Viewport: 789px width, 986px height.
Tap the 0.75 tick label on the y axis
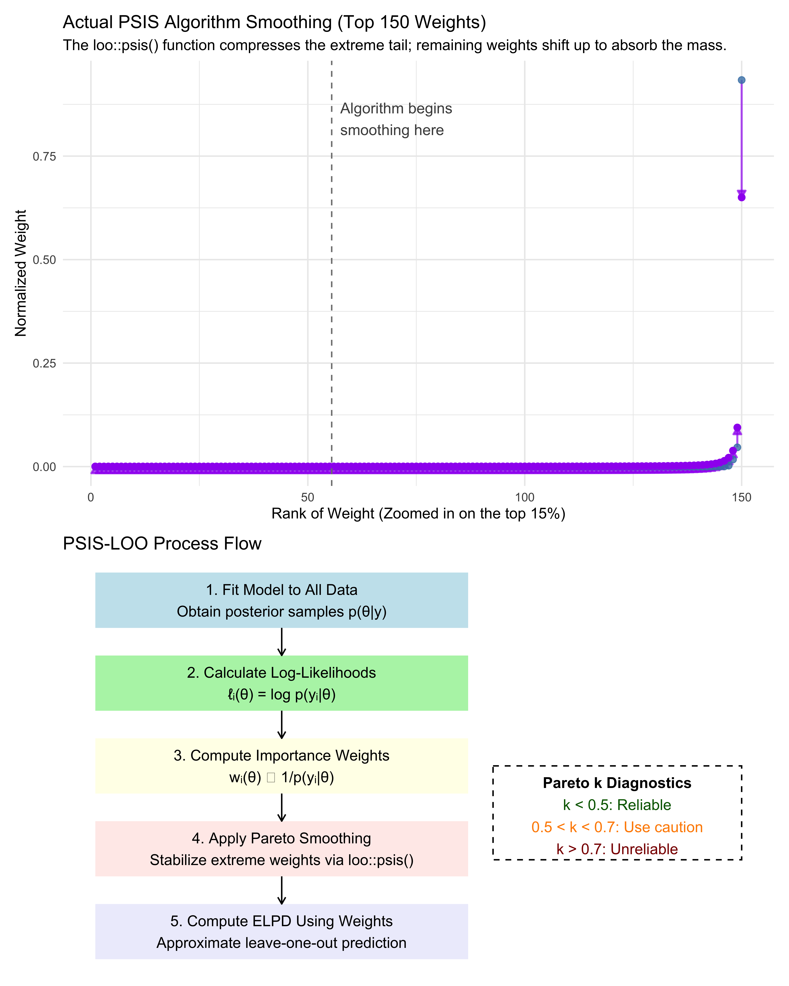click(x=44, y=156)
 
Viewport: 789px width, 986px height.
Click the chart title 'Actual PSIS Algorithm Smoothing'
click(x=275, y=22)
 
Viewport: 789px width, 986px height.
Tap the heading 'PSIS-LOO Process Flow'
click(x=162, y=543)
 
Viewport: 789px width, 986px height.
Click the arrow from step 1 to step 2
click(x=282, y=642)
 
